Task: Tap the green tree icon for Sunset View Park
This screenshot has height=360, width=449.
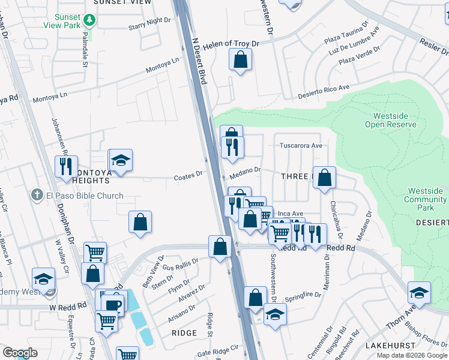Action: pos(89,20)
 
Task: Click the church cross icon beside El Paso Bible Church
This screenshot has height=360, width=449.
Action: pos(37,196)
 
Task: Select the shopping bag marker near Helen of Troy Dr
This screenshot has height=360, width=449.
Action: pos(240,60)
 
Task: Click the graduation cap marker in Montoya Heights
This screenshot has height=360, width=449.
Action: pos(121,160)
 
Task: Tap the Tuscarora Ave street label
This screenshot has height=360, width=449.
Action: pos(301,146)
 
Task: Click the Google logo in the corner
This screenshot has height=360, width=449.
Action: pos(20,353)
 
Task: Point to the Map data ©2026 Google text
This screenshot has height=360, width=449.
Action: pos(412,355)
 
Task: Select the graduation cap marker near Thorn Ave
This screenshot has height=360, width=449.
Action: pos(419,293)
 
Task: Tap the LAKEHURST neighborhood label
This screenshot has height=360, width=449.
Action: pos(389,346)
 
